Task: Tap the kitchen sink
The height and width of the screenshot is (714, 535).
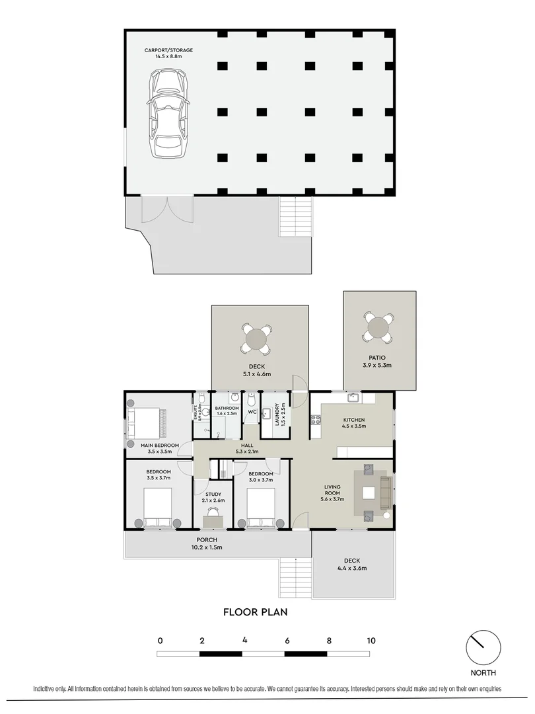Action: coord(353,397)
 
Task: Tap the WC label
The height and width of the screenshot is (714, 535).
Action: coord(252,412)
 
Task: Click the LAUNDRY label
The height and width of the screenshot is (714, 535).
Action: coord(278,415)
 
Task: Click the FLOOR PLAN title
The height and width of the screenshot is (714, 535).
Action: coord(254,612)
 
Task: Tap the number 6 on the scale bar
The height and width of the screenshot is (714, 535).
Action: coord(287,641)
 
